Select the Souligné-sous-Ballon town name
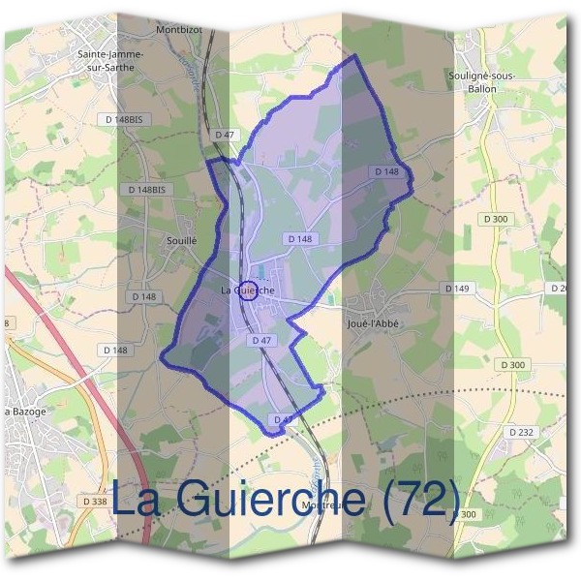[482, 81]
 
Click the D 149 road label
[457, 289]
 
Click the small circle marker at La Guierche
[248, 290]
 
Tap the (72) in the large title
[418, 500]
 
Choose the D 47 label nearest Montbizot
[226, 134]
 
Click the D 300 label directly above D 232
[514, 364]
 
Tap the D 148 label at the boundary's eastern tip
[386, 171]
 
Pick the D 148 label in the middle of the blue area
[299, 238]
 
